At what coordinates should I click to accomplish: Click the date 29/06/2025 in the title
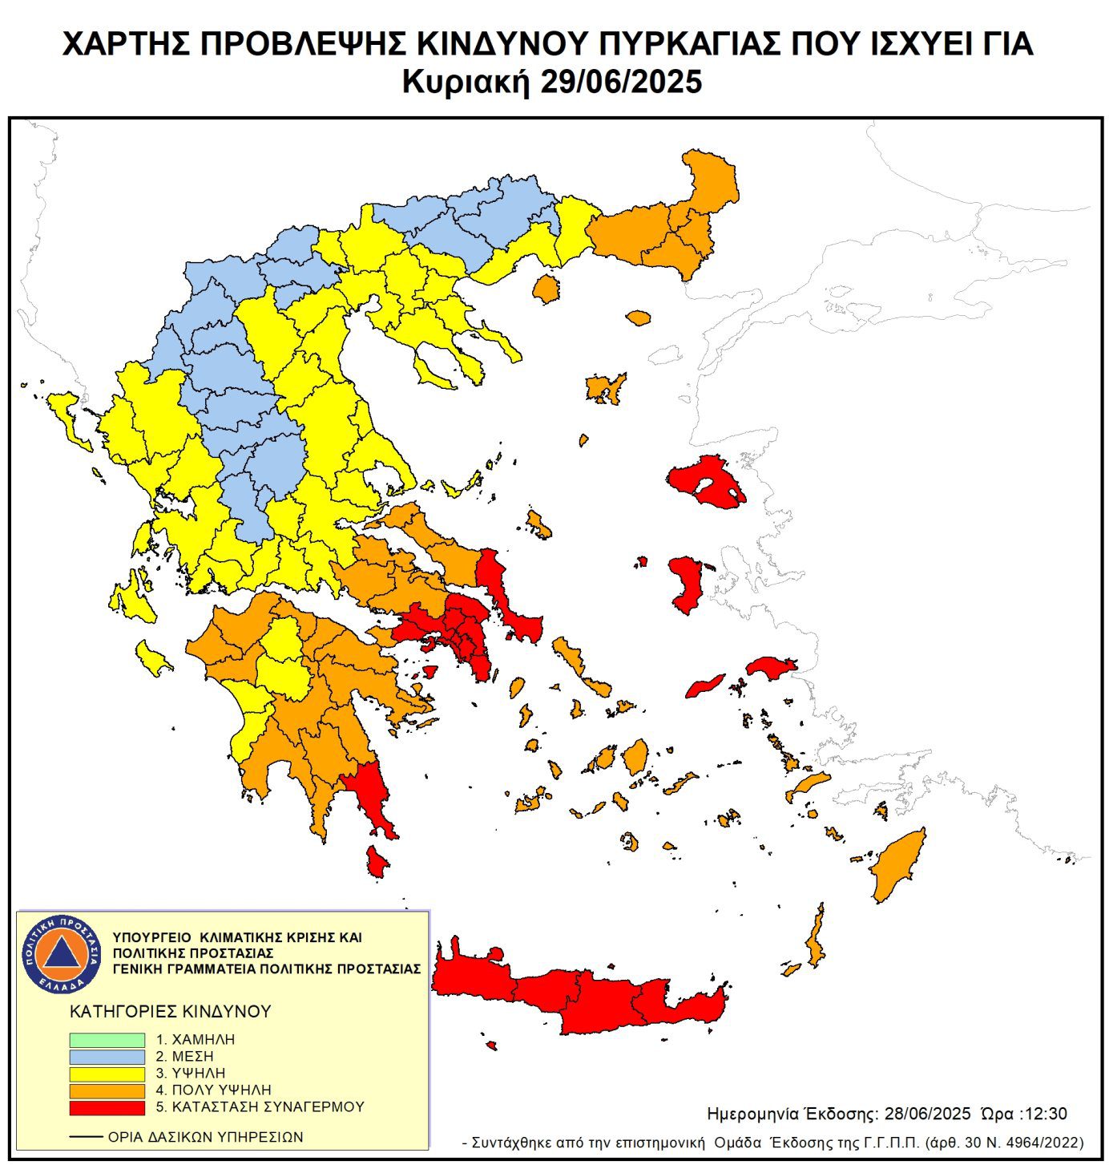tap(621, 82)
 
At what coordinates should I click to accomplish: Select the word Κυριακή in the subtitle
tap(466, 82)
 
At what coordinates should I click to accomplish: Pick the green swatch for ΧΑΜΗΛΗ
tap(107, 1039)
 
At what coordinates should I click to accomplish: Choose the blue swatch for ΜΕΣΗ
tap(107, 1057)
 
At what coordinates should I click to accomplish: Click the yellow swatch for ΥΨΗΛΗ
tap(107, 1074)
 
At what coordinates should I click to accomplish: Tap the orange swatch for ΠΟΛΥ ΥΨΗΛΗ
tap(107, 1090)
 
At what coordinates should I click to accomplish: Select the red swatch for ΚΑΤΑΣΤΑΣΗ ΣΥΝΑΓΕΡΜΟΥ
tap(107, 1107)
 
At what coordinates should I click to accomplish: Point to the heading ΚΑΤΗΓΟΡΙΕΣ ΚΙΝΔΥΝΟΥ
tap(171, 1012)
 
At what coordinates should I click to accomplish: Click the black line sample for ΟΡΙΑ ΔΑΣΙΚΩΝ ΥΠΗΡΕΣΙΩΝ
tap(86, 1137)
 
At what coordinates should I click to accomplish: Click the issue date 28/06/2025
tap(927, 1114)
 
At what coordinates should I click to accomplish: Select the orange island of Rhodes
tap(899, 866)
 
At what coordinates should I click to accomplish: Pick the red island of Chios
tap(686, 584)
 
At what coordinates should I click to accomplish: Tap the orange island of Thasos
tap(546, 289)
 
